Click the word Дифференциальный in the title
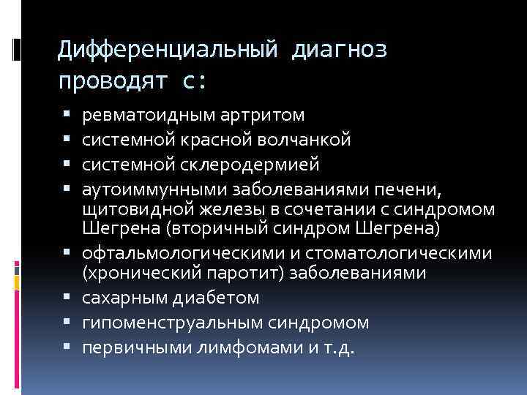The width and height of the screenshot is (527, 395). pyautogui.click(x=168, y=50)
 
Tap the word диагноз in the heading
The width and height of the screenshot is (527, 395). pyautogui.click(x=340, y=50)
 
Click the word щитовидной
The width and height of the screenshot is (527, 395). pyautogui.click(x=129, y=209)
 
